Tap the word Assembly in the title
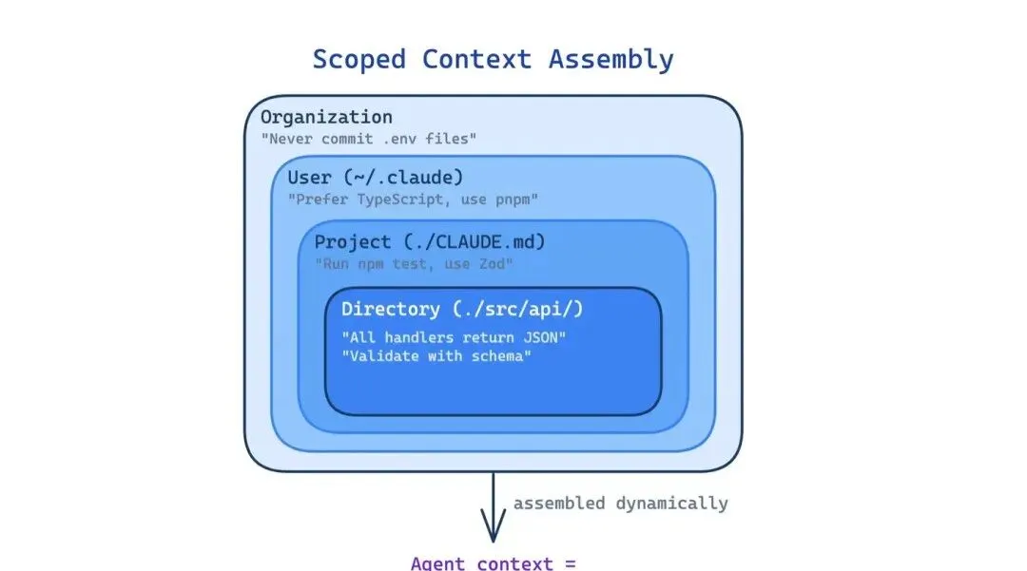(x=611, y=59)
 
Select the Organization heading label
(x=326, y=117)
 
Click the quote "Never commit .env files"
(x=368, y=139)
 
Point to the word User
(x=309, y=178)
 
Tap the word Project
(x=353, y=241)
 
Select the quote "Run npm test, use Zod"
(x=415, y=262)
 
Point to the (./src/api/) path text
(x=531, y=309)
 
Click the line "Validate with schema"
(x=436, y=356)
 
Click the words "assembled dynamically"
(x=621, y=503)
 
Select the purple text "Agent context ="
(x=494, y=562)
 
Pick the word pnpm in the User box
(x=519, y=200)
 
